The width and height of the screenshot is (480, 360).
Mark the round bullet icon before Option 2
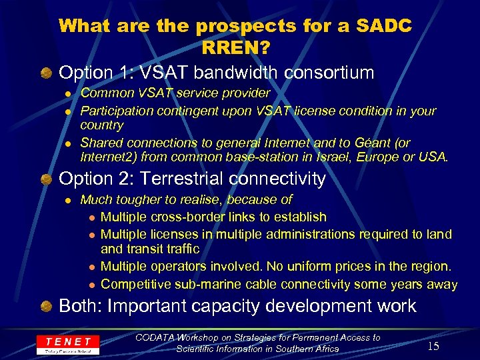(x=45, y=179)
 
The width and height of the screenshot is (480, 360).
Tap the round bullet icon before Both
(x=45, y=307)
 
